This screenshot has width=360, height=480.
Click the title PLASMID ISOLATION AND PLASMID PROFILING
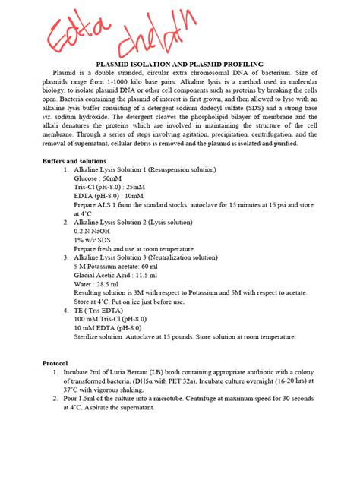pyautogui.click(x=178, y=64)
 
